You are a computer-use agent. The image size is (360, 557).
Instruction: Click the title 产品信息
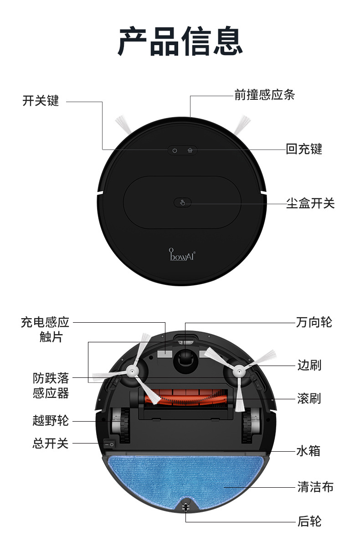(x=180, y=41)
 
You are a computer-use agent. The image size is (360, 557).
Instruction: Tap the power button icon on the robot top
(x=175, y=150)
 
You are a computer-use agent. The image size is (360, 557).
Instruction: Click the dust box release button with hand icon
(x=183, y=203)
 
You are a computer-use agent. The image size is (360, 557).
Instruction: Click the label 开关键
(x=41, y=101)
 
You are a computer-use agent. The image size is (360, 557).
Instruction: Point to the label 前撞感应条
(x=265, y=95)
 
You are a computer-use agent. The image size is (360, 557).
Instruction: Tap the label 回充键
(x=304, y=149)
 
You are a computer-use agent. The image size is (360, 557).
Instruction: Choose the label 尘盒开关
(x=310, y=203)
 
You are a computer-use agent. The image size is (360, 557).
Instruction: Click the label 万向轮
(x=314, y=322)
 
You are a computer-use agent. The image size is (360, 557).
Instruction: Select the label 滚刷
(x=309, y=398)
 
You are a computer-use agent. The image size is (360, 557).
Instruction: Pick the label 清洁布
(x=315, y=487)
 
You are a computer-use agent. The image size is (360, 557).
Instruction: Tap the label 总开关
(x=50, y=443)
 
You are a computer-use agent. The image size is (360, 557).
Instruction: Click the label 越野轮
(x=51, y=420)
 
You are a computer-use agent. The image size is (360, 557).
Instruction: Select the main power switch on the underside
(x=109, y=443)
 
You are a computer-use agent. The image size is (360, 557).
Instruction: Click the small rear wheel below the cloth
(x=185, y=506)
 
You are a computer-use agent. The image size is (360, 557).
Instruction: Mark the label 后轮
(x=309, y=521)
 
